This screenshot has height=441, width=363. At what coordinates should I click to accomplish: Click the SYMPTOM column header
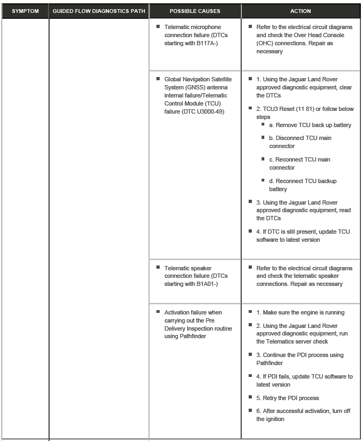click(x=25, y=11)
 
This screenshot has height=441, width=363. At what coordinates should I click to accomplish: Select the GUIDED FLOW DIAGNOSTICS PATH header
click(x=99, y=11)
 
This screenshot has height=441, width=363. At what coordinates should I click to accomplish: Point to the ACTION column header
click(x=300, y=11)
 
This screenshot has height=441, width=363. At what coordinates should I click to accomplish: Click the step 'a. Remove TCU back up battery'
click(x=310, y=125)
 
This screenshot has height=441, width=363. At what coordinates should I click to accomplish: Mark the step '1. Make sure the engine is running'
click(x=300, y=312)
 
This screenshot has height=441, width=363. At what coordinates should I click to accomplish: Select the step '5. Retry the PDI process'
click(x=287, y=398)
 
